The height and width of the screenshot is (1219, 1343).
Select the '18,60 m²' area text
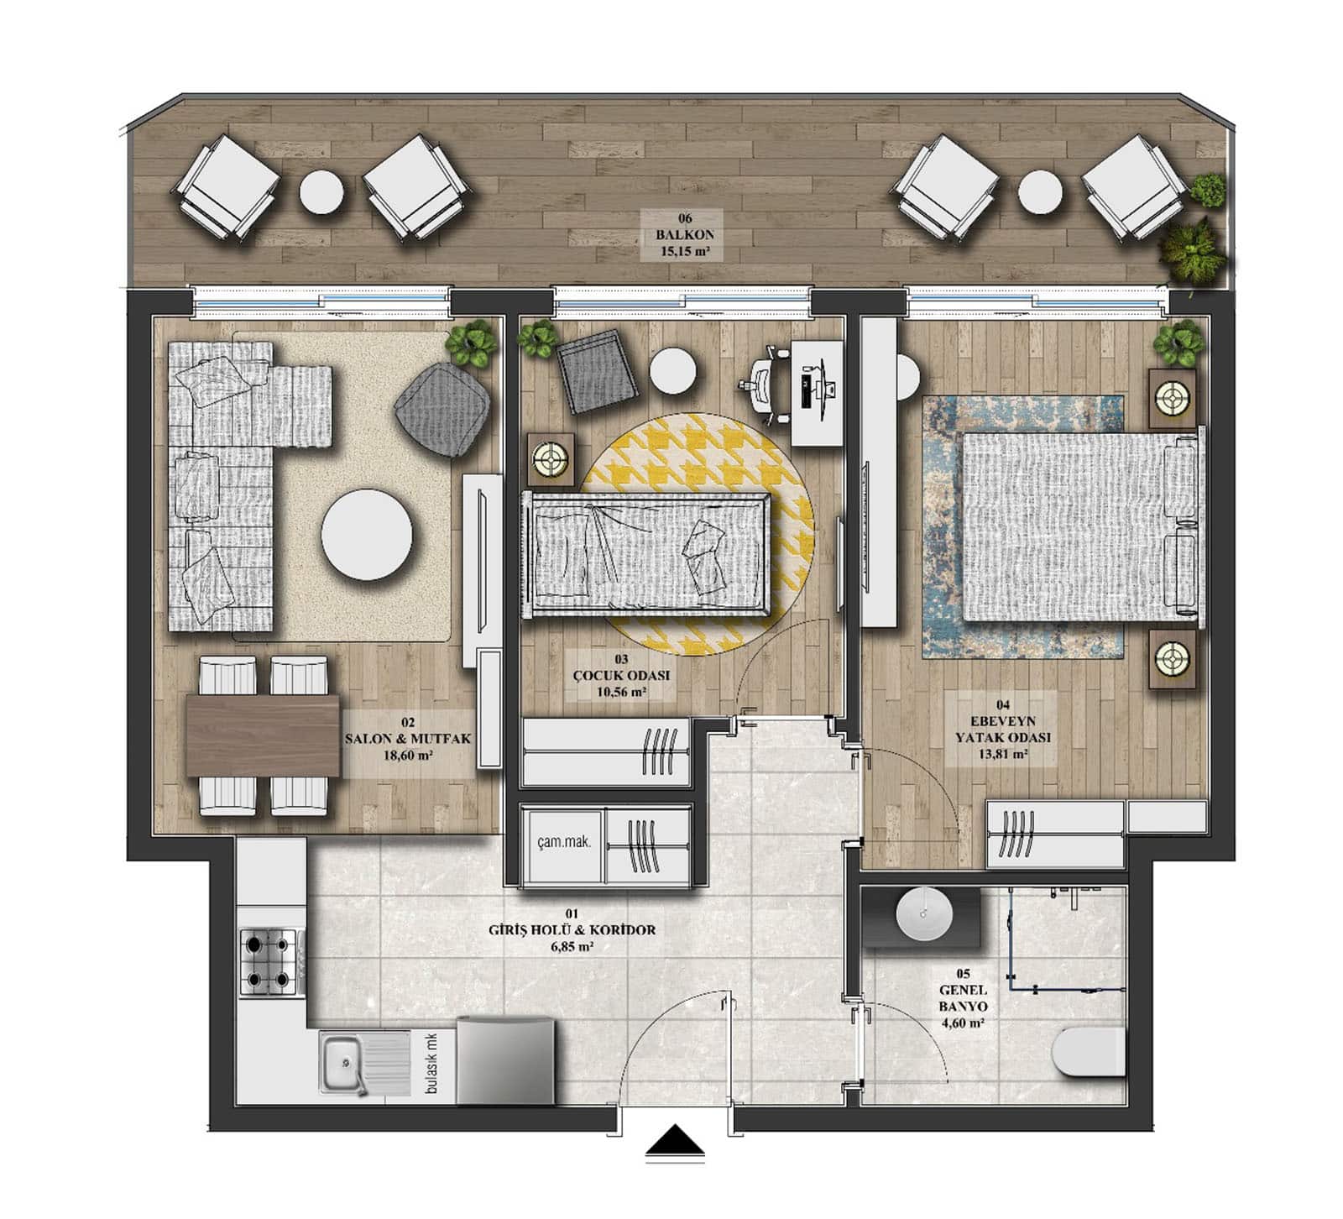click(407, 754)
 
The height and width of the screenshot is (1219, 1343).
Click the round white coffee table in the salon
click(367, 535)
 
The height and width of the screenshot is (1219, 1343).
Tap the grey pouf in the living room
click(443, 402)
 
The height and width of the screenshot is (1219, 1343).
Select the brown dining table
click(262, 735)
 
